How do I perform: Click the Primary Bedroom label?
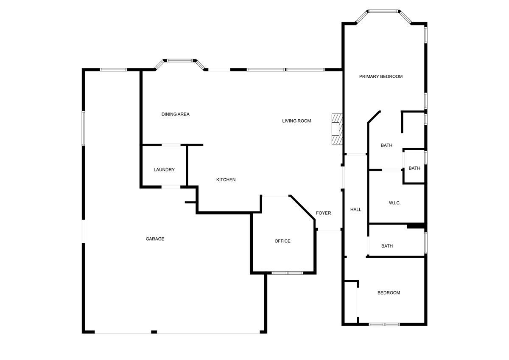click(x=380, y=76)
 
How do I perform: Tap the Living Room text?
click(x=296, y=121)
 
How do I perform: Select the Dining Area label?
click(x=175, y=114)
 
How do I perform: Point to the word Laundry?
click(x=164, y=170)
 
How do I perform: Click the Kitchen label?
click(x=226, y=180)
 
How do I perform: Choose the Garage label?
click(x=155, y=239)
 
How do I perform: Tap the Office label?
click(x=282, y=241)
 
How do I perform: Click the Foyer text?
click(x=323, y=213)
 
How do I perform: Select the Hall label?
click(x=355, y=209)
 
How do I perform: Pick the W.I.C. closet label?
click(x=394, y=203)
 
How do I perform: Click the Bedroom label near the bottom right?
click(x=389, y=293)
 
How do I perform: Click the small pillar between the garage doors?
click(x=154, y=332)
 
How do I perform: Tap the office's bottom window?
click(x=287, y=273)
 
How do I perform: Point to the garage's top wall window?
click(x=113, y=70)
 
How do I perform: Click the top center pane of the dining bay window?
click(x=180, y=61)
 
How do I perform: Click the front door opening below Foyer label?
click(x=329, y=231)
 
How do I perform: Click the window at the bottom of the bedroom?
click(x=384, y=324)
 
